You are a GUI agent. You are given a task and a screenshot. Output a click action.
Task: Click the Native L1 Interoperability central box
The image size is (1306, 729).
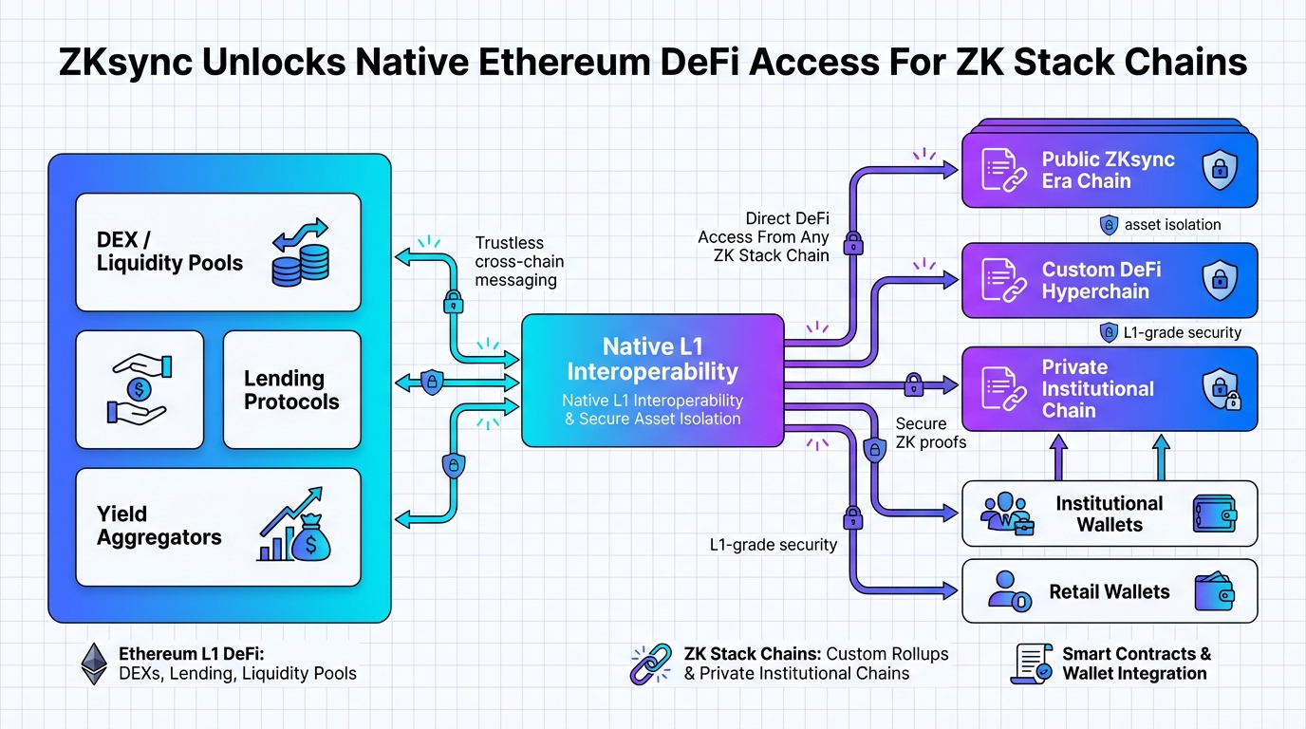click(x=652, y=381)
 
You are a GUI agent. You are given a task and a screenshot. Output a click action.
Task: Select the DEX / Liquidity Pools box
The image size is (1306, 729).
click(x=218, y=252)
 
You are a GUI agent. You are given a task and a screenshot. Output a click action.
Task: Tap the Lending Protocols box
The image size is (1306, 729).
click(x=291, y=390)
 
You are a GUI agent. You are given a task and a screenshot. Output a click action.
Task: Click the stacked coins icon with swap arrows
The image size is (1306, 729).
click(x=298, y=253)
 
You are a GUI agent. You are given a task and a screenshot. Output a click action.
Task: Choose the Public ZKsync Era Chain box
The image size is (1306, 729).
click(x=1110, y=170)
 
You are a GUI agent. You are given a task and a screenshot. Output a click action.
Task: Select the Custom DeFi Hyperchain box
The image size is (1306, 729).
click(x=1110, y=281)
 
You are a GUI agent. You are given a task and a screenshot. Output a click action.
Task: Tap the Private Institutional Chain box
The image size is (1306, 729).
click(x=1110, y=389)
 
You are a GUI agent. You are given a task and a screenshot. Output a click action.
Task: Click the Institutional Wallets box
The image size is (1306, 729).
click(x=1110, y=514)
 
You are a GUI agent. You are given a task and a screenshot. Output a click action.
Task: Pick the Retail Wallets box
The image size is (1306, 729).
click(x=1110, y=591)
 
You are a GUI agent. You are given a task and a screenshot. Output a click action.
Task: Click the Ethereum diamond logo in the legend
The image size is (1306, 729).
click(x=94, y=664)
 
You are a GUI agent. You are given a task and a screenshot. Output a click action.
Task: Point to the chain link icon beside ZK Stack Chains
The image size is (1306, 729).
click(x=651, y=664)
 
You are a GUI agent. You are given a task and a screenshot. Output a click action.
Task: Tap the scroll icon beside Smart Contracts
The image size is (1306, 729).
click(x=1032, y=664)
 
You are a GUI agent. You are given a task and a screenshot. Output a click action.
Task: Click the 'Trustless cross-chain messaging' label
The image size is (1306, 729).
click(x=519, y=261)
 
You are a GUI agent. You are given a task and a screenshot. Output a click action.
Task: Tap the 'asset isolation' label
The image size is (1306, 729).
click(x=1172, y=225)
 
